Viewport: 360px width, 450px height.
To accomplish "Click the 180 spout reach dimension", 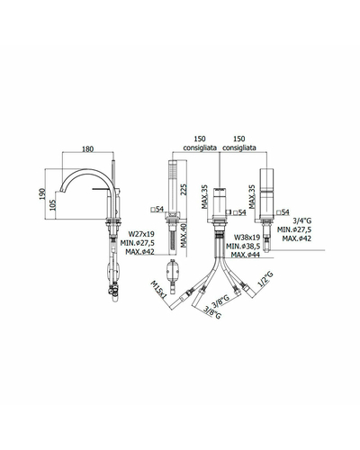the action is click(x=87, y=148).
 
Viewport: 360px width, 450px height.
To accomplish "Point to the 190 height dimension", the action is click(x=42, y=193).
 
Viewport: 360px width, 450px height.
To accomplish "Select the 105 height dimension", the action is click(x=53, y=205).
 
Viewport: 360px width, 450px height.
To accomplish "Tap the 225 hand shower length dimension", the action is click(x=184, y=190).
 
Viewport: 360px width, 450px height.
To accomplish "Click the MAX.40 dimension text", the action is click(x=184, y=236).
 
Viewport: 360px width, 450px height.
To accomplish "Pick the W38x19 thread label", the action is click(x=247, y=238).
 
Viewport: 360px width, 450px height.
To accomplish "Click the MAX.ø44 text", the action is click(x=246, y=255).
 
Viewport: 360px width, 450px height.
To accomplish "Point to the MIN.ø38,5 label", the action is click(x=243, y=247).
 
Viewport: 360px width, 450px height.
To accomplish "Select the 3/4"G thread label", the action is click(x=302, y=221).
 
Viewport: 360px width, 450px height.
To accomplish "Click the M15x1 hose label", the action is click(x=158, y=289).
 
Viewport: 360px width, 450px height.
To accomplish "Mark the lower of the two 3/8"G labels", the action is click(x=212, y=312).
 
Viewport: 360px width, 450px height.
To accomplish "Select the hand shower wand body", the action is click(x=172, y=186).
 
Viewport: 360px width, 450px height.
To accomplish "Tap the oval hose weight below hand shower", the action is click(x=172, y=268).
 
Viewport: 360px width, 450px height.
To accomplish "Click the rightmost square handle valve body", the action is click(x=267, y=193).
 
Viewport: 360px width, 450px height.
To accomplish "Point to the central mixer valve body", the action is click(x=220, y=202).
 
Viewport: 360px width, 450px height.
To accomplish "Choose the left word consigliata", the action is click(x=200, y=148).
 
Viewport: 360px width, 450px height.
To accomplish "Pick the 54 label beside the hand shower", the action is click(x=157, y=209).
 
